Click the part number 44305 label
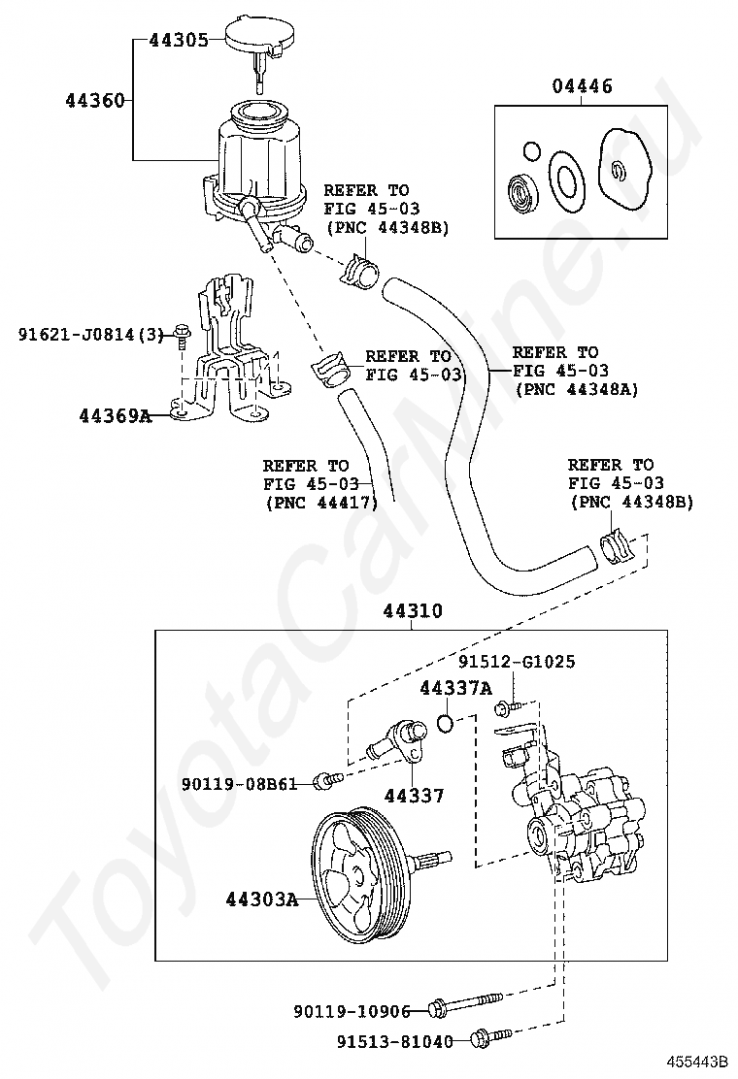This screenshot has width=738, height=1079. (179, 40)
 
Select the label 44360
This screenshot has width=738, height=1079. (95, 101)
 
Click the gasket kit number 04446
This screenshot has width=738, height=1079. (582, 86)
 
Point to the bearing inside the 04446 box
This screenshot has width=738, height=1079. (524, 191)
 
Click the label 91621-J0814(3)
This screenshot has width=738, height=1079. (91, 335)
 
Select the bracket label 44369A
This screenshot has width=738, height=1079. (115, 415)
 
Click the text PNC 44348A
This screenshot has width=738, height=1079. (578, 389)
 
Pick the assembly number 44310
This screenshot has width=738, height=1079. (413, 610)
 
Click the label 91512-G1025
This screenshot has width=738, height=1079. (517, 662)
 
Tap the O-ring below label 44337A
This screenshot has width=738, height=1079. (446, 723)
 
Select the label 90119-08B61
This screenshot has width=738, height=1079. (240, 783)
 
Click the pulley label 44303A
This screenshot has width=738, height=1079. (262, 899)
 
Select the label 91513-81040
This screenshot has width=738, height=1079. (395, 1042)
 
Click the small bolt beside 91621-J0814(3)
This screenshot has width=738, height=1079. (181, 334)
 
